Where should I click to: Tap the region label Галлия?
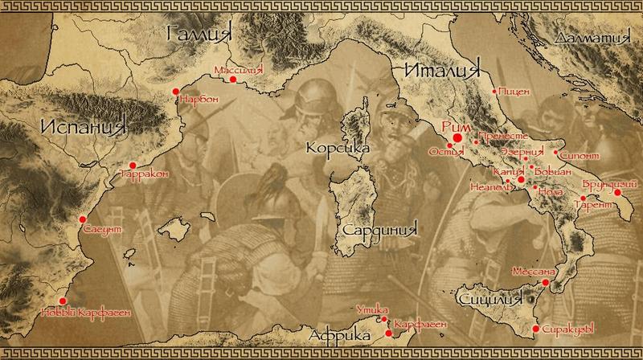coord(198,34)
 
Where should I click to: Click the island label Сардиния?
coord(381,229)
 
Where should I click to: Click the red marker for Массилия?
coord(233,80)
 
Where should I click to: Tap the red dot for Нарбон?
coord(176,92)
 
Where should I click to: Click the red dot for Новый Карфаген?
coord(65,303)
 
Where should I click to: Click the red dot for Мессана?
coord(546,283)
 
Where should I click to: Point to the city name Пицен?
coord(515,92)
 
